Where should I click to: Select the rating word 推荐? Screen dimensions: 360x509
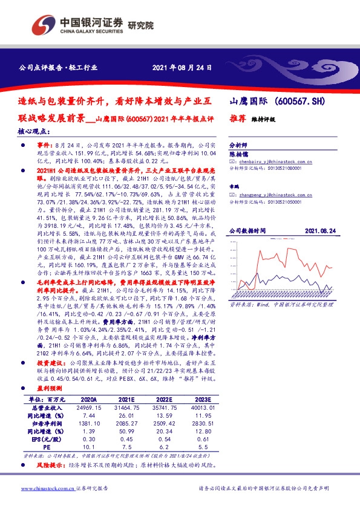point(238,119)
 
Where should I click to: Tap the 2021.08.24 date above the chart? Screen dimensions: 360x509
point(320,231)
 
